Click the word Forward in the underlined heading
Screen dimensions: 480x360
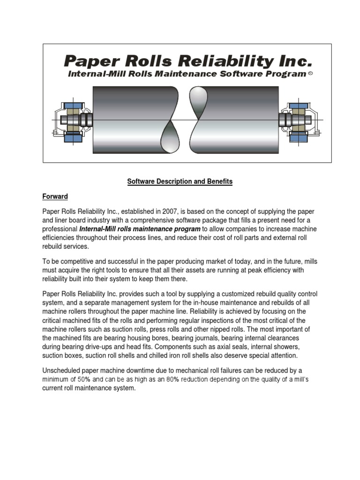55,197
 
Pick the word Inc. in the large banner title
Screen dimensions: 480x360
296,61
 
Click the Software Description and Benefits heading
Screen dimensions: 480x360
180,182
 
